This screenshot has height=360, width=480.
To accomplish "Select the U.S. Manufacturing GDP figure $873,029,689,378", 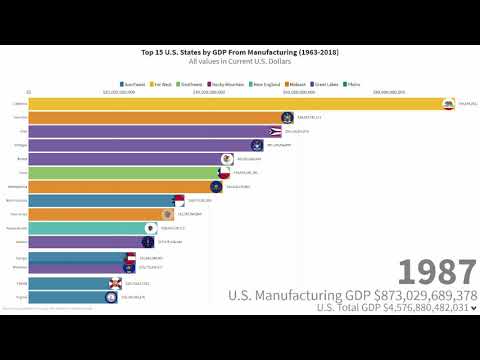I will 352,295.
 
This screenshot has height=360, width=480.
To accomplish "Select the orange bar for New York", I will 150,117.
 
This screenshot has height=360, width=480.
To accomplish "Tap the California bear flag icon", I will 449,103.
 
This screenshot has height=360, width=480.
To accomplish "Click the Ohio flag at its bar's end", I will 275,131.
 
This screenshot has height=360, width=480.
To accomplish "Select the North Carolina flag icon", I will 179,200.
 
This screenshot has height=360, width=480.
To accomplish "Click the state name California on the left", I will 19,103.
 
